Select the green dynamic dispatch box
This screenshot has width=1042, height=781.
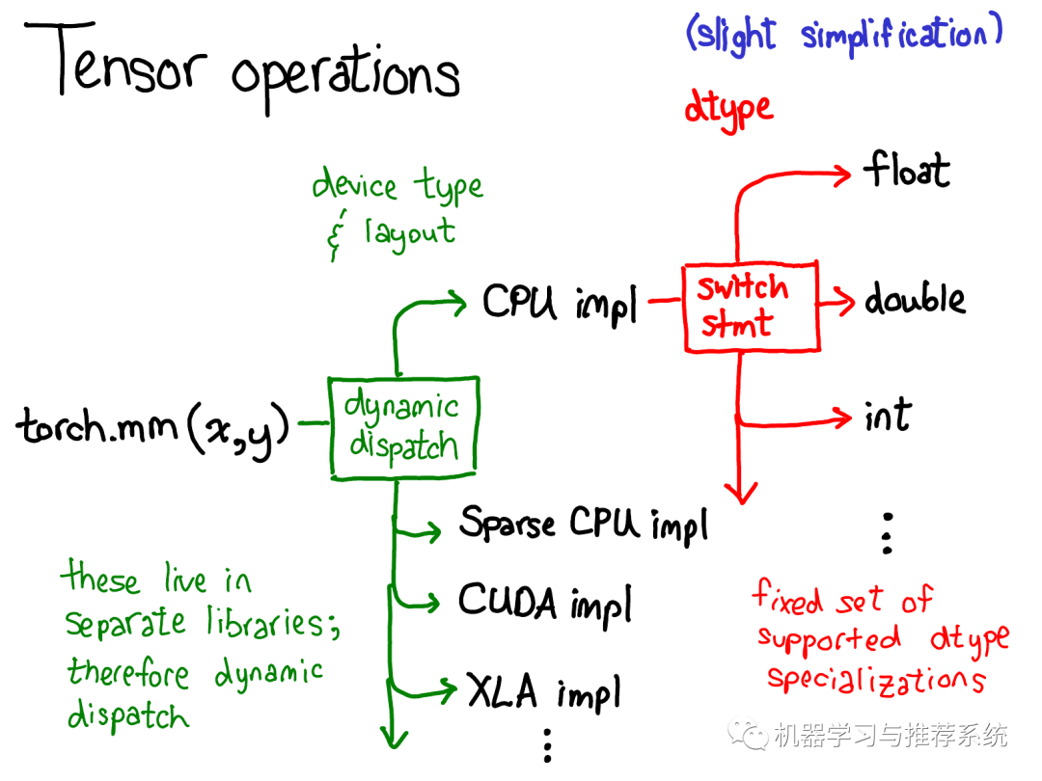coord(402,426)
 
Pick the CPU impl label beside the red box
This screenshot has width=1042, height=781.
coord(560,304)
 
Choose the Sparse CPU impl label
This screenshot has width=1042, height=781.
coord(583,525)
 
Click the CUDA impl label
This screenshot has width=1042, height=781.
coord(545,603)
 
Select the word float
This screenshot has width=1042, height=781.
coord(906,172)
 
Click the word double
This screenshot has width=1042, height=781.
coord(914,300)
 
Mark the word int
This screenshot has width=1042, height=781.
coord(888,416)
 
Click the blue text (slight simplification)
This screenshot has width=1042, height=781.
coord(843,36)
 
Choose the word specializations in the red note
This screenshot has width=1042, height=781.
coord(876,681)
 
